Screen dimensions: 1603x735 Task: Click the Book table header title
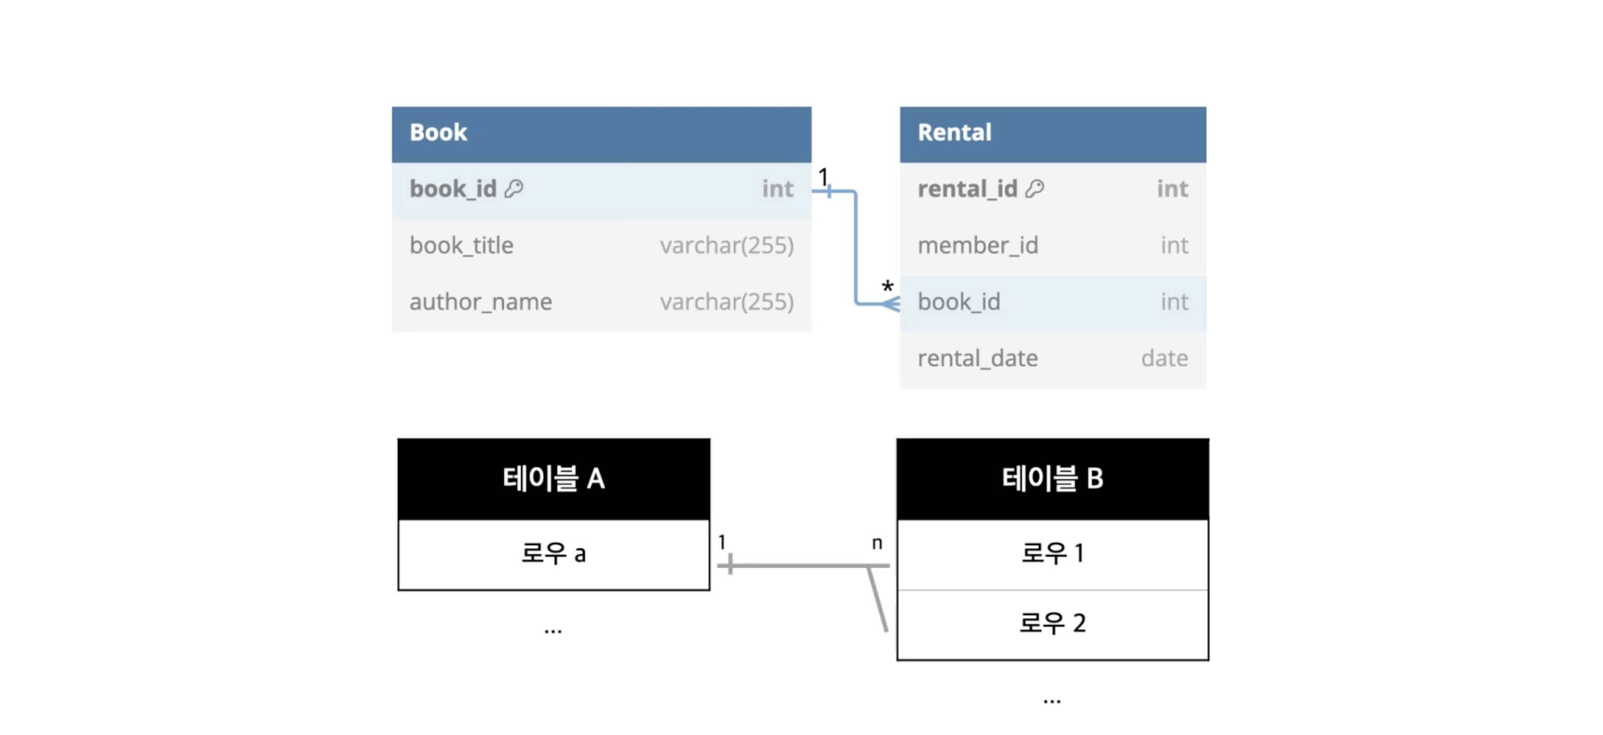pos(438,133)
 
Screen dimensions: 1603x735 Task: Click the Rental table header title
pos(954,133)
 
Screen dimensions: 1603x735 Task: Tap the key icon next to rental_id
pos(1035,188)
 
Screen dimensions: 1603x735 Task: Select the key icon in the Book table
pos(514,188)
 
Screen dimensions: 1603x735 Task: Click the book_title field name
pos(462,245)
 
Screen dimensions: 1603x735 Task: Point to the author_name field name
pos(481,302)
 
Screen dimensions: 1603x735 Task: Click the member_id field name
pos(978,245)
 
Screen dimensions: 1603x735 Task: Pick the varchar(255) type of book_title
pos(727,246)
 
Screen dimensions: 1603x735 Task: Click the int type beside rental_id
pos(1172,189)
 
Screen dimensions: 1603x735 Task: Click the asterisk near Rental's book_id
pos(888,286)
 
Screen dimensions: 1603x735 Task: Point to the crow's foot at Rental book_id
pos(891,304)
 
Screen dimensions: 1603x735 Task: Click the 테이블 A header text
pos(553,478)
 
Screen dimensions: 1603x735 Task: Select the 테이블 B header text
pos(1052,478)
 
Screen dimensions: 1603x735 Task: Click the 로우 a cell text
pos(553,553)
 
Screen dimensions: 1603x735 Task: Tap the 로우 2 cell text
pos(1052,623)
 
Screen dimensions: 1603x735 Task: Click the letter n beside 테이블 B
pos(877,544)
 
